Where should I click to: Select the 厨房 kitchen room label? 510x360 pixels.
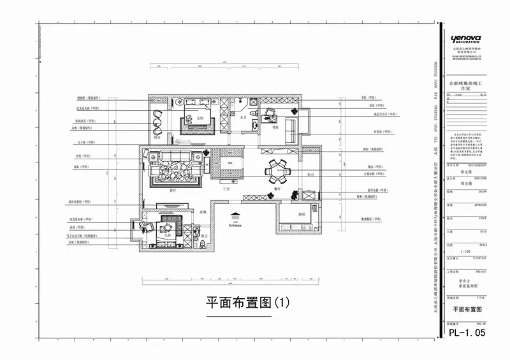[x=302, y=214]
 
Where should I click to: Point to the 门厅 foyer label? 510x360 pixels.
[x=226, y=189]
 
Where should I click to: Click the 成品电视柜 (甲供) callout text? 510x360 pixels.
[x=81, y=201]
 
